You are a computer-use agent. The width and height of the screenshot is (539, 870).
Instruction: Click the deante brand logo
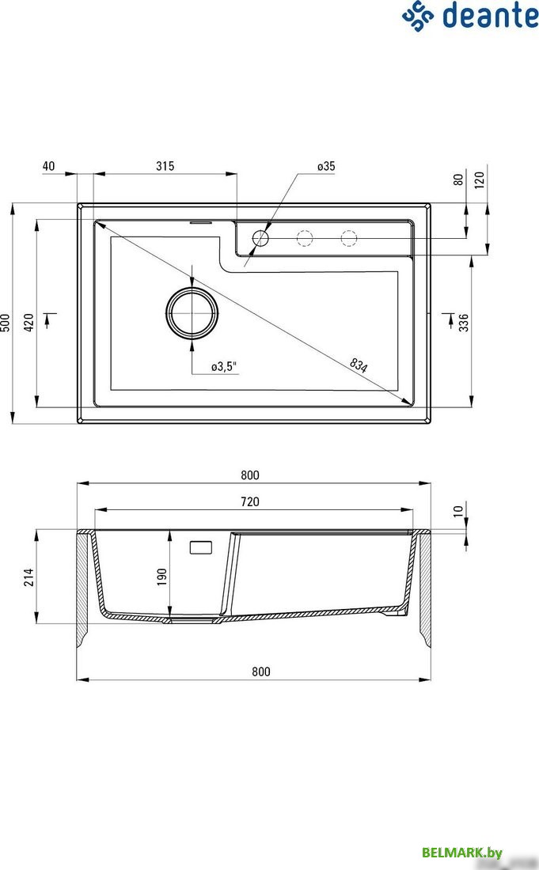click(469, 16)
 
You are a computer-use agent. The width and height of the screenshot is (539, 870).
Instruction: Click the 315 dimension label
click(165, 166)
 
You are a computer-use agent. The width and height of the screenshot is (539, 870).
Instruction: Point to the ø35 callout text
click(326, 166)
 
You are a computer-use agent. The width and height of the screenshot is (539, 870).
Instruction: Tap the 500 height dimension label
click(6, 323)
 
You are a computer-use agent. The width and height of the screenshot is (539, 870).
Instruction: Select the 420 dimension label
click(28, 323)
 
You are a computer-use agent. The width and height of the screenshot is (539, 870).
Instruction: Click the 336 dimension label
click(464, 323)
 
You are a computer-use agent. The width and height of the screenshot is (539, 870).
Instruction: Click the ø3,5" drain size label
click(224, 366)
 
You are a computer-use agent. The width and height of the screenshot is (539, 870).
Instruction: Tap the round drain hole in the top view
click(191, 312)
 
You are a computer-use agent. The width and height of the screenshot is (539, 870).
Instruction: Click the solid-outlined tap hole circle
click(260, 237)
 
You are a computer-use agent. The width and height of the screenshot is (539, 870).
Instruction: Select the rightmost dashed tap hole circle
click(349, 237)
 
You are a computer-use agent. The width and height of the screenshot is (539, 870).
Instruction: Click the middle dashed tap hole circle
click(305, 237)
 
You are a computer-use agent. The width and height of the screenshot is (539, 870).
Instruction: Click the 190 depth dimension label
click(161, 575)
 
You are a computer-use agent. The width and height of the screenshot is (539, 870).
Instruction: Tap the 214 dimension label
click(28, 575)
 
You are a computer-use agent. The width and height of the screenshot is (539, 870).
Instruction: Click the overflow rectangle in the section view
click(202, 547)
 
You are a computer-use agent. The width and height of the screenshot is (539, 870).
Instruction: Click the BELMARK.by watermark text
click(462, 852)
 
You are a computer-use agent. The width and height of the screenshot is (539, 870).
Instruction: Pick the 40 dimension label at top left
click(48, 166)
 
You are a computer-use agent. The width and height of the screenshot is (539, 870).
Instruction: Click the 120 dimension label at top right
click(480, 179)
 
